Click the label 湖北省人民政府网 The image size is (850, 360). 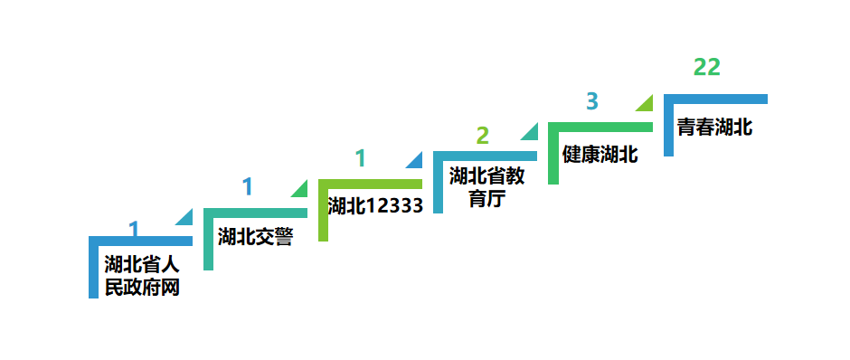142,277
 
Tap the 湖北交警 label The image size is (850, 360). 256,237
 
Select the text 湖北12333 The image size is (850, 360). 375,205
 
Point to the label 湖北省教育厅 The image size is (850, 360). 486,186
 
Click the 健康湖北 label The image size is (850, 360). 600,155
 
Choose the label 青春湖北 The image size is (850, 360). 714,127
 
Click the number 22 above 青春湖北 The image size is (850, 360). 707,67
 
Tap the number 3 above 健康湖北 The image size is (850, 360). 592,100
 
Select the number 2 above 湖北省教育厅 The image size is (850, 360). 482,136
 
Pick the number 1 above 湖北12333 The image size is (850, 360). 361,158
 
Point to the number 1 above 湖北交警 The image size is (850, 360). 247,187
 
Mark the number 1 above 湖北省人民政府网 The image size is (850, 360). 134,229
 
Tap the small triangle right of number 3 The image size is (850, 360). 646,103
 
